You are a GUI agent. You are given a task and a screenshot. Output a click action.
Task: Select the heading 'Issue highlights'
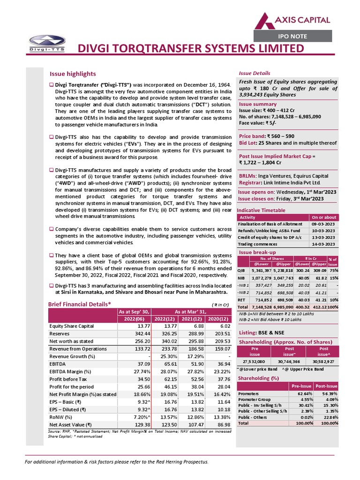point(73,74)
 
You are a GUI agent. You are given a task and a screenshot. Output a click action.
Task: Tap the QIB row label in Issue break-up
point(241,271)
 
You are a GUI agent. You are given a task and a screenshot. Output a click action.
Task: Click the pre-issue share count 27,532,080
point(255,362)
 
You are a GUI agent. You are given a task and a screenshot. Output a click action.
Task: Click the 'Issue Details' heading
point(255,74)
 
